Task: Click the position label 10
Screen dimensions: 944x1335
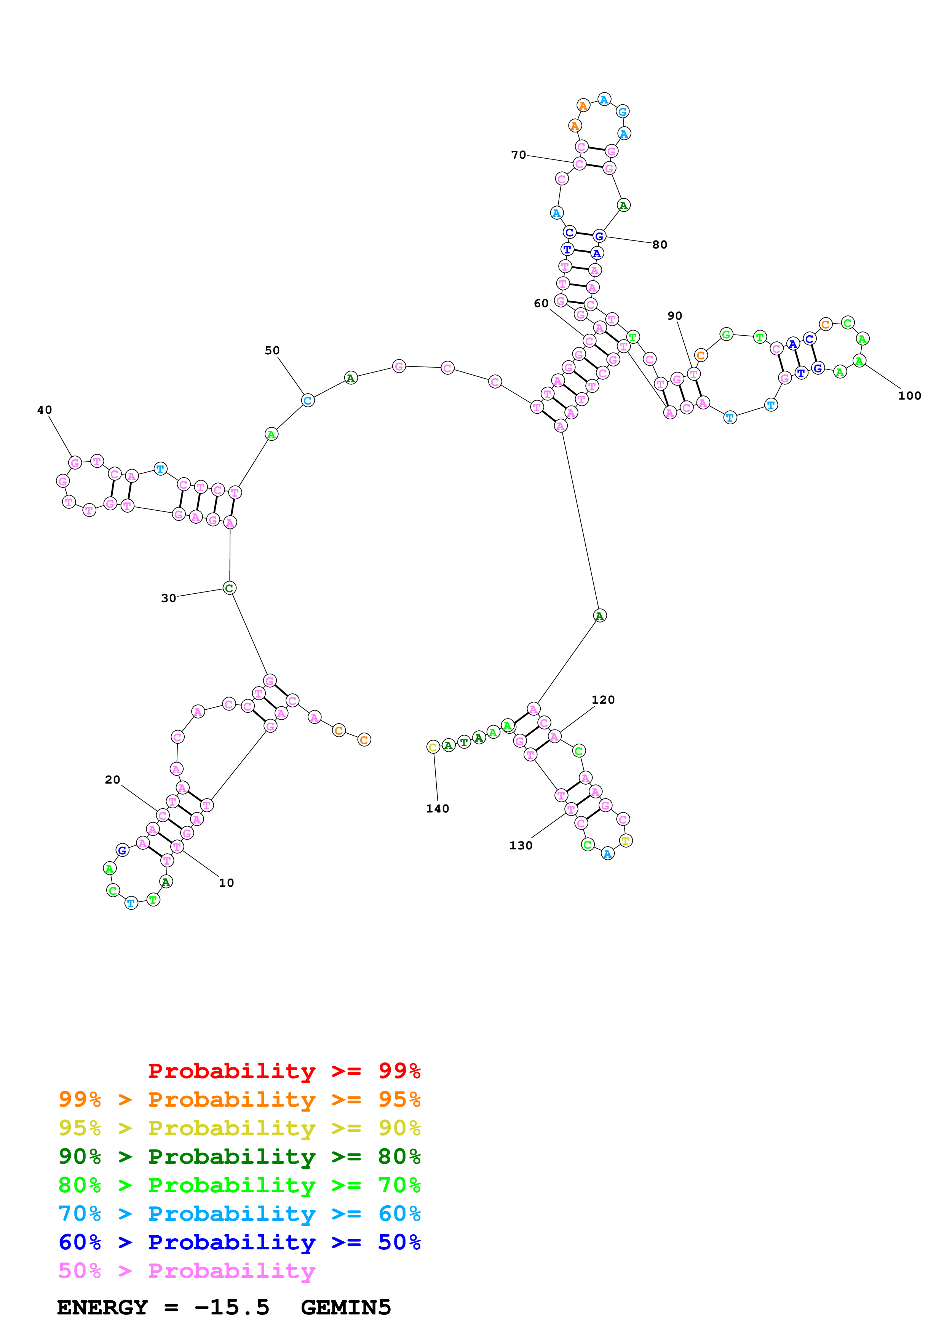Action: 226,883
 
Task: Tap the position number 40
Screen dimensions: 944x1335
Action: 45,410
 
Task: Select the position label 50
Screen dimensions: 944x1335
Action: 272,350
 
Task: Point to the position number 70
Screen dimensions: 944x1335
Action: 519,155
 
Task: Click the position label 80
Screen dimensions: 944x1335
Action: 660,245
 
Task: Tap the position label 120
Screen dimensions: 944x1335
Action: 603,699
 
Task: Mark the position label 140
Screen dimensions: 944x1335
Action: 438,808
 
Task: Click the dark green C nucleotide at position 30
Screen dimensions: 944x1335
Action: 229,588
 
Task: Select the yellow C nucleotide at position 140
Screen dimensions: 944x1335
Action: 433,747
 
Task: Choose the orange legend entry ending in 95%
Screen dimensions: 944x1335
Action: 240,1099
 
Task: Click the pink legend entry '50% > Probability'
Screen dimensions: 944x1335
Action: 187,1270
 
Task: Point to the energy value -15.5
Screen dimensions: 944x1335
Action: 232,1307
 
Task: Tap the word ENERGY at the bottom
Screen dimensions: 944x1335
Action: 102,1307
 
